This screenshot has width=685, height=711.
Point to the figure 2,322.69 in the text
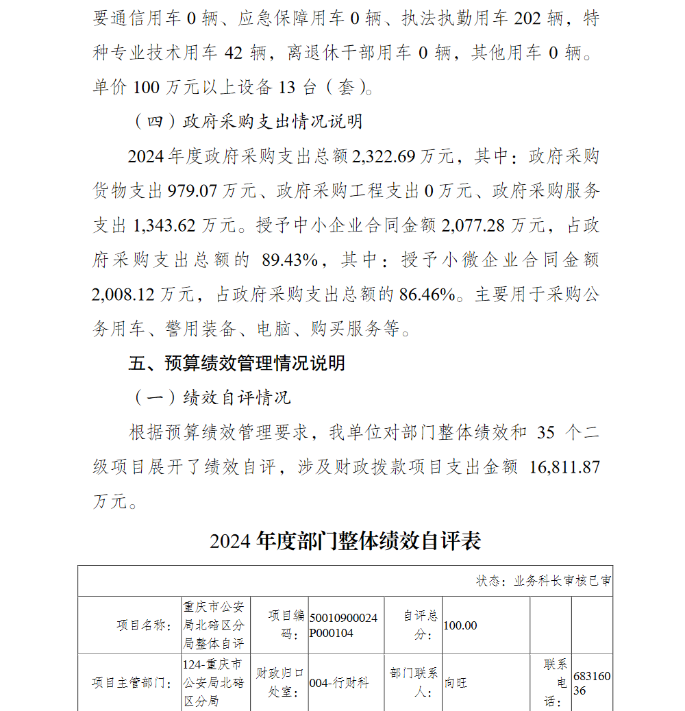[x=384, y=156]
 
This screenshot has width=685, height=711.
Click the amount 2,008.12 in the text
[x=125, y=295]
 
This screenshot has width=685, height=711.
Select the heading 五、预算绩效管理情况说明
[x=236, y=363]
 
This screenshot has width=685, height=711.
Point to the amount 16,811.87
[x=565, y=467]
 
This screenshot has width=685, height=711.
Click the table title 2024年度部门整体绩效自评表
[x=345, y=541]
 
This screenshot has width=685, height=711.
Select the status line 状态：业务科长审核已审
[x=543, y=581]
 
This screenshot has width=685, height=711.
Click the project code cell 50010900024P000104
[x=343, y=625]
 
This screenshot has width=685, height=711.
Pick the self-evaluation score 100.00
[x=460, y=625]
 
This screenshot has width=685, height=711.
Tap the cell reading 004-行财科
[x=339, y=683]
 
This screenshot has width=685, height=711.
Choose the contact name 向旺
[x=456, y=683]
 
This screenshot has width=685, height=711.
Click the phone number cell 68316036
[x=591, y=684]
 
